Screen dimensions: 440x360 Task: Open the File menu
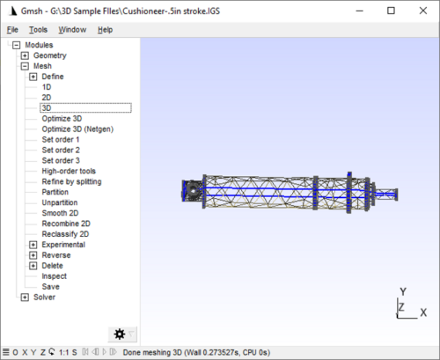(x=12, y=30)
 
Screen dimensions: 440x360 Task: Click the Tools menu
(x=38, y=30)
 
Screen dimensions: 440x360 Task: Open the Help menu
(x=105, y=30)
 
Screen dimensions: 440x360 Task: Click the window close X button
(x=423, y=11)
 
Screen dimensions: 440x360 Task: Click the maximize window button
(x=391, y=11)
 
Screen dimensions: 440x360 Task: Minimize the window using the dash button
(x=360, y=11)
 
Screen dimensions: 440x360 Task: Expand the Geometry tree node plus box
(x=25, y=55)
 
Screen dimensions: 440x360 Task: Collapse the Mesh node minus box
(x=25, y=66)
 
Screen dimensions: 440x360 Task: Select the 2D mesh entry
(x=47, y=98)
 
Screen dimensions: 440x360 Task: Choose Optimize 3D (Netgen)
(x=77, y=129)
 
